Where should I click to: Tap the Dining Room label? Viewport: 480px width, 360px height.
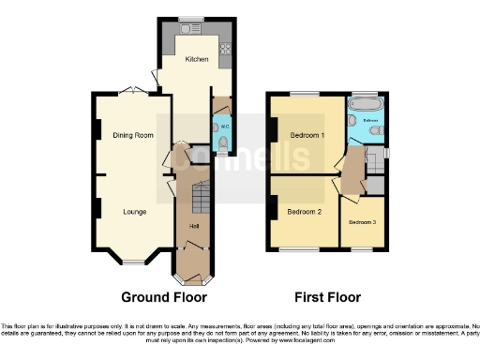[133, 136]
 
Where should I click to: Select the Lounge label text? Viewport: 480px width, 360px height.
[134, 211]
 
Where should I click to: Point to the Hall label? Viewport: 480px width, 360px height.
[194, 227]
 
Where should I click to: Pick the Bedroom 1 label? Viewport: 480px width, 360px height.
[307, 136]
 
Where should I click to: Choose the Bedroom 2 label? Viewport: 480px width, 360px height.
[306, 212]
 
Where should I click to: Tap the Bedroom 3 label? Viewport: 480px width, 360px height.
[362, 222]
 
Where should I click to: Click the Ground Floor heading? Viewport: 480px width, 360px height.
[164, 297]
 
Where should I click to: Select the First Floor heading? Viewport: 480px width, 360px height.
[327, 297]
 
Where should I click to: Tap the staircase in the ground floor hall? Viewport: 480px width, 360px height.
[198, 200]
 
